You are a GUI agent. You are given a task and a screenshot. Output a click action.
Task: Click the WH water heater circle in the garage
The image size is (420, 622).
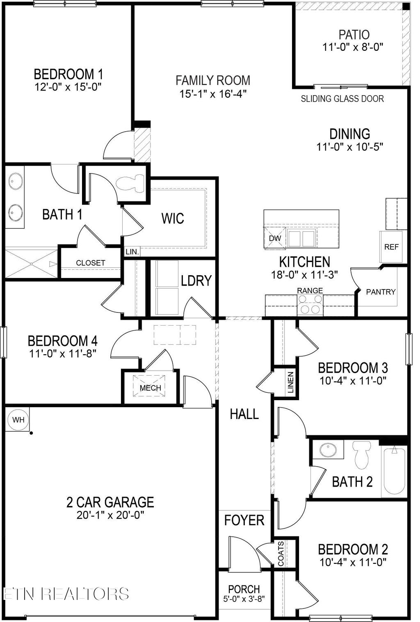pos(18,420)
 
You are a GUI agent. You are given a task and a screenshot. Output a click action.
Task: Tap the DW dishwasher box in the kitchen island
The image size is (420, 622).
pos(274,238)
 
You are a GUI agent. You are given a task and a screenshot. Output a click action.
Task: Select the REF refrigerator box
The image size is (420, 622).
pos(391,247)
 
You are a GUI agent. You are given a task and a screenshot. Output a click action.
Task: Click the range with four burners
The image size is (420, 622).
pos(310,304)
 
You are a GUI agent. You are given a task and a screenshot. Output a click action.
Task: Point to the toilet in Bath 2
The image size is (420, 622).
pos(362,455)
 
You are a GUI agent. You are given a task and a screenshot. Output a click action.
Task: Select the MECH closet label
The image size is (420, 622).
pos(150,387)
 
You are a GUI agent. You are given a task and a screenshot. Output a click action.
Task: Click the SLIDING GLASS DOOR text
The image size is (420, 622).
pos(342,99)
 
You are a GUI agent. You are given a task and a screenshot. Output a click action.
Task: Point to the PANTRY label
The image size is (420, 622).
pos(381,292)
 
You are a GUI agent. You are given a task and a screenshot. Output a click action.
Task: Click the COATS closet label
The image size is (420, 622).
pos(281,554)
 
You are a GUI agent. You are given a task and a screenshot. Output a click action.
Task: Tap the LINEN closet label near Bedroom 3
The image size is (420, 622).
pos(290,382)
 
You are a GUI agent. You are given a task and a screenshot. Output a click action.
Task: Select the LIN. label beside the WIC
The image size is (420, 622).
pos(132,252)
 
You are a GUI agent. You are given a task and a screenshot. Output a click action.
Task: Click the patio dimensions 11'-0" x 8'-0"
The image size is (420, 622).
pos(353,47)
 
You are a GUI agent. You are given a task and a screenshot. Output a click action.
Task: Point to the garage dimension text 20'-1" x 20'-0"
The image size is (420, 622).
pos(110,515)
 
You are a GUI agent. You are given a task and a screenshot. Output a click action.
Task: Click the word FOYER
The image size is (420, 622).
pos(244,520)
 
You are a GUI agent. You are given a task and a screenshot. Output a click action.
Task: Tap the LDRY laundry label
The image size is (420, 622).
pos(196,280)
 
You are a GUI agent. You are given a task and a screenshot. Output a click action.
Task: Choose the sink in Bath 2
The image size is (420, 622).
pos(328,449)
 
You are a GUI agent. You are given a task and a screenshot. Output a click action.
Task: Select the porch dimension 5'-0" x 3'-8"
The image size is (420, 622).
pos(244,599)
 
